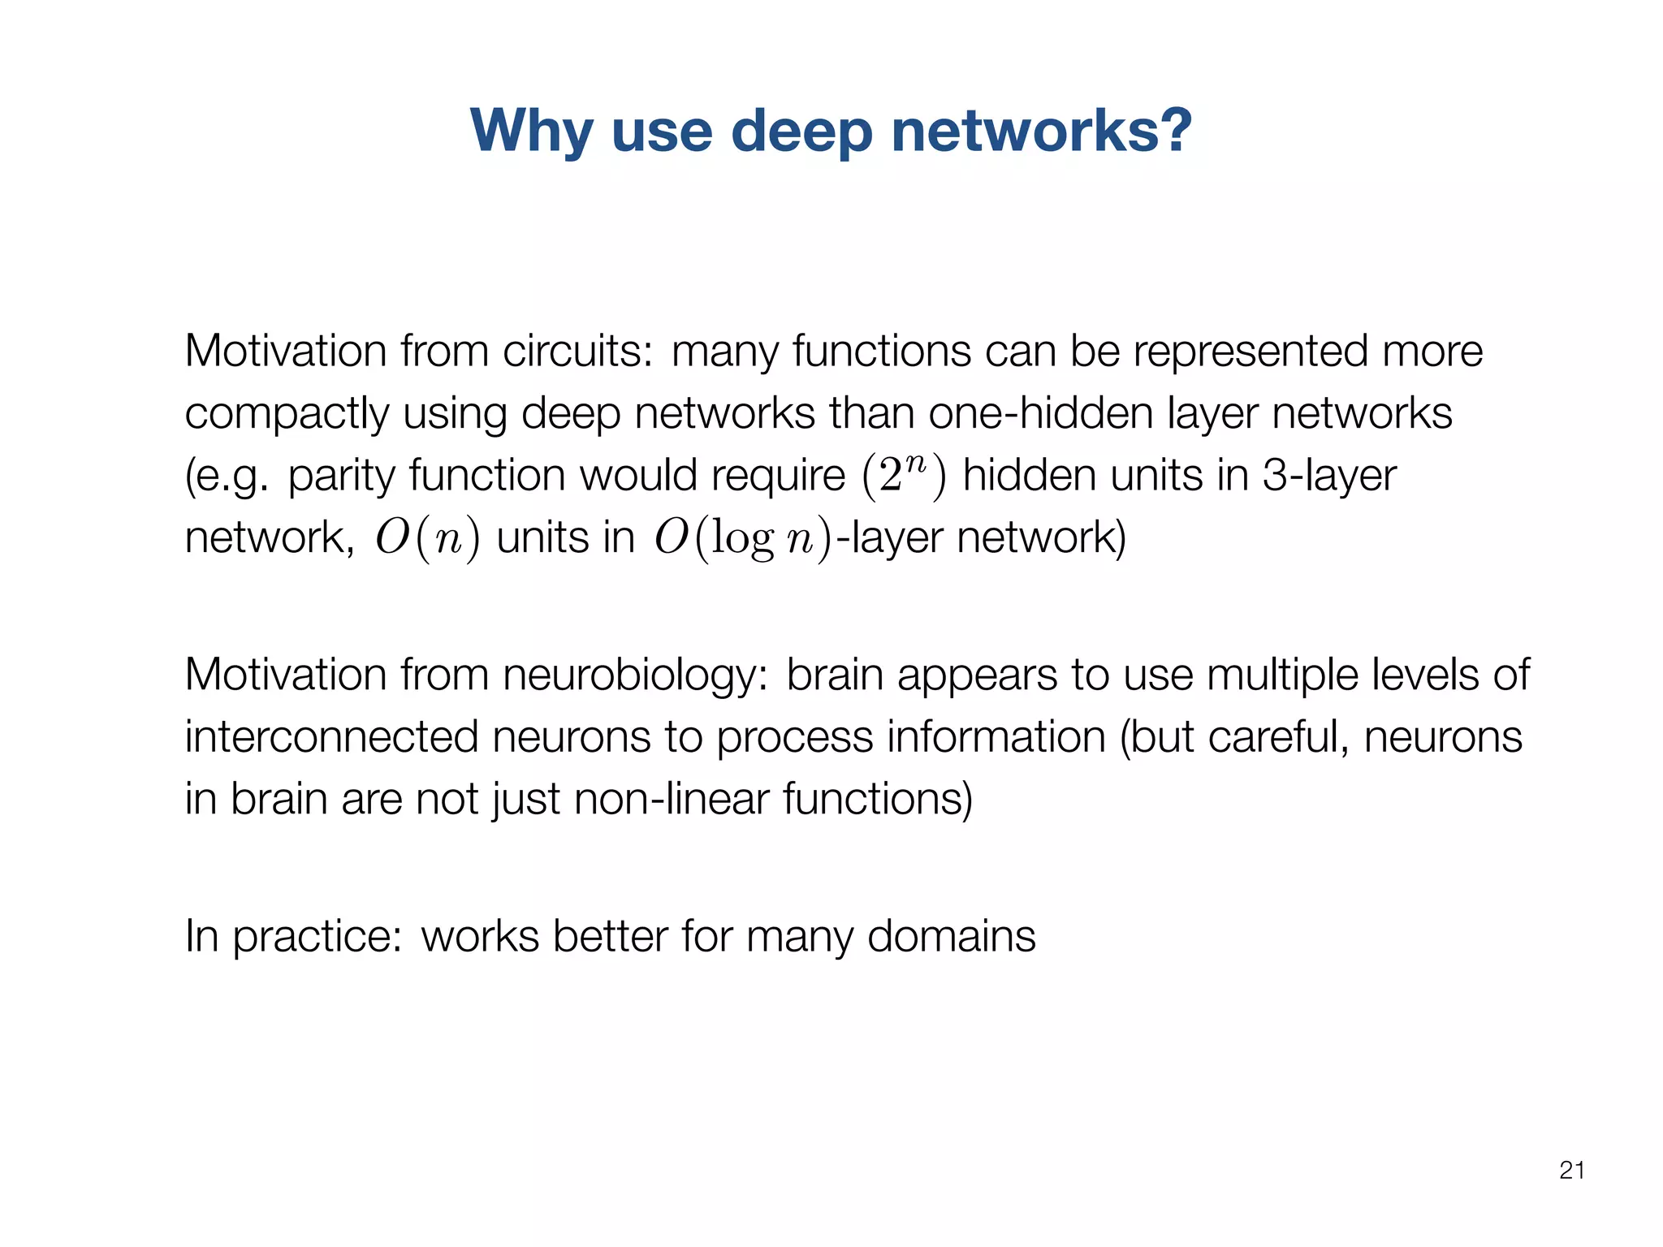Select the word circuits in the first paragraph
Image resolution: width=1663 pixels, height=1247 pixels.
pyautogui.click(x=577, y=352)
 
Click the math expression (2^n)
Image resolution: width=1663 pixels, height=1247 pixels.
pyautogui.click(x=904, y=477)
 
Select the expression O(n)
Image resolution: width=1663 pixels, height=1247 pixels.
pyautogui.click(x=427, y=538)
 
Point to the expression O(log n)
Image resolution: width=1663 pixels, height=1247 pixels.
pyautogui.click(x=743, y=538)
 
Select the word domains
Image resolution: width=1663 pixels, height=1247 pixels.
pyautogui.click(x=951, y=937)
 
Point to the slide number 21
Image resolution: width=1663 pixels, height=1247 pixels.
pyautogui.click(x=1572, y=1170)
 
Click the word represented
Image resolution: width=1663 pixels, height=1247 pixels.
pyautogui.click(x=1250, y=352)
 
